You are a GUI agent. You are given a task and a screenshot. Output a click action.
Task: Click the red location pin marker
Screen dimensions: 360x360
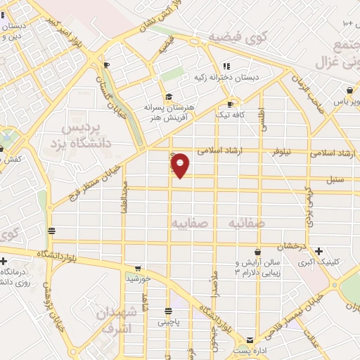tap(181, 165)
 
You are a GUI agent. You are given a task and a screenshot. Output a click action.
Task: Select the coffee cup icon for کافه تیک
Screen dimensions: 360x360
tap(230, 104)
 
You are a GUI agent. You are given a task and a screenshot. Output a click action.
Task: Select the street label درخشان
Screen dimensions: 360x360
tap(288, 247)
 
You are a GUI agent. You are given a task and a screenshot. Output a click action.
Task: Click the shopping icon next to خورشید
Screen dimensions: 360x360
tap(138, 268)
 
